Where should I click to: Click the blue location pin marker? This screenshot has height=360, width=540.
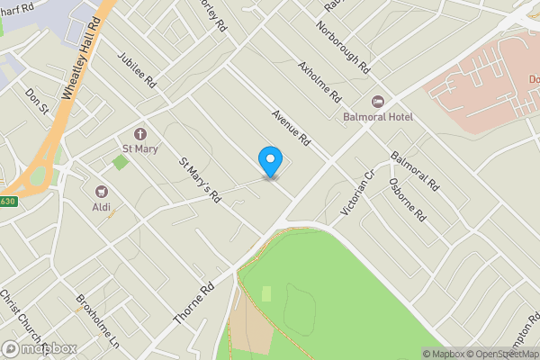click(270, 161)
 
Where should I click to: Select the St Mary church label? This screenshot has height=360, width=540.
click(139, 148)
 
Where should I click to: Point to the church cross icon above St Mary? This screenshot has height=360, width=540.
click(139, 133)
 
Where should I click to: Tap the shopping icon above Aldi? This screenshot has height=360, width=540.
click(101, 192)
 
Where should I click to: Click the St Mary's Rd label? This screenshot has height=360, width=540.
click(200, 180)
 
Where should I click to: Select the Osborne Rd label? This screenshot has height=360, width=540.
click(408, 199)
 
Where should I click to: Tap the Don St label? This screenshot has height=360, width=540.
click(37, 101)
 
